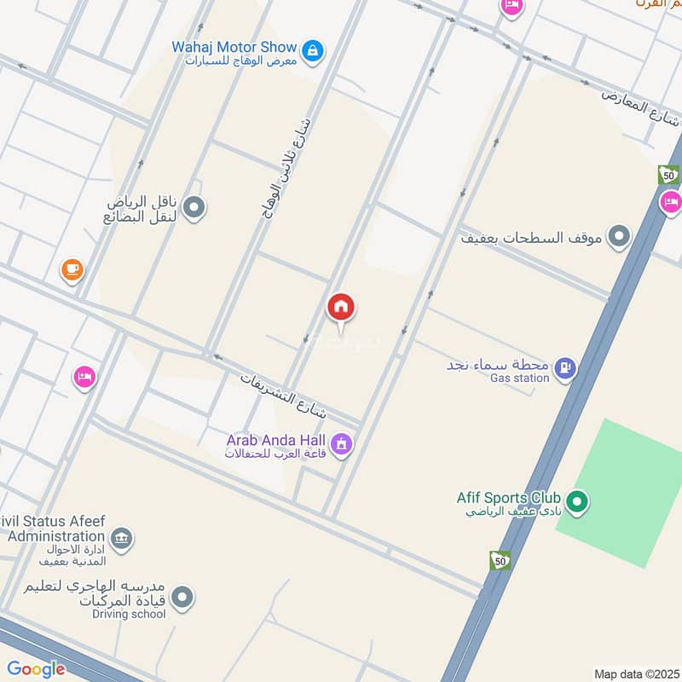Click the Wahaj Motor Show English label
click(234, 47)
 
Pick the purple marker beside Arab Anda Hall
click(342, 445)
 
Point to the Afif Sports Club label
click(508, 498)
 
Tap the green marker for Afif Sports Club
click(578, 503)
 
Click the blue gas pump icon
click(564, 369)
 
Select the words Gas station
click(520, 378)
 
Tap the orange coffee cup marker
click(72, 270)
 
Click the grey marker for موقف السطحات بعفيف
click(620, 236)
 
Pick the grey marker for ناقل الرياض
click(194, 207)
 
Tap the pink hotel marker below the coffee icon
click(84, 376)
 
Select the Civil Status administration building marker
click(122, 539)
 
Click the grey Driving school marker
click(182, 598)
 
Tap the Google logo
click(36, 669)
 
